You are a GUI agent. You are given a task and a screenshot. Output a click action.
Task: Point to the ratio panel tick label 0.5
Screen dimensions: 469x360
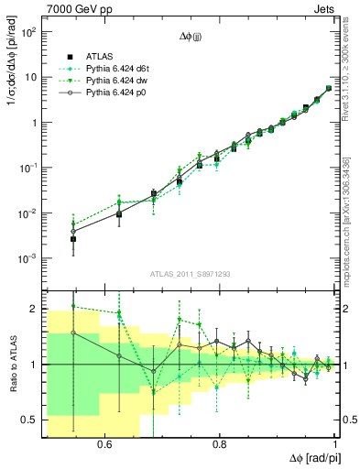(29, 420)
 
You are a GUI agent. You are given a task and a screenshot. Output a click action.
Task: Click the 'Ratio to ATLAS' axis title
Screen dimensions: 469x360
(11, 364)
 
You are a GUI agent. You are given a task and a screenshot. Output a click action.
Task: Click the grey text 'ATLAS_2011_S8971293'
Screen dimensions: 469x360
(191, 274)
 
